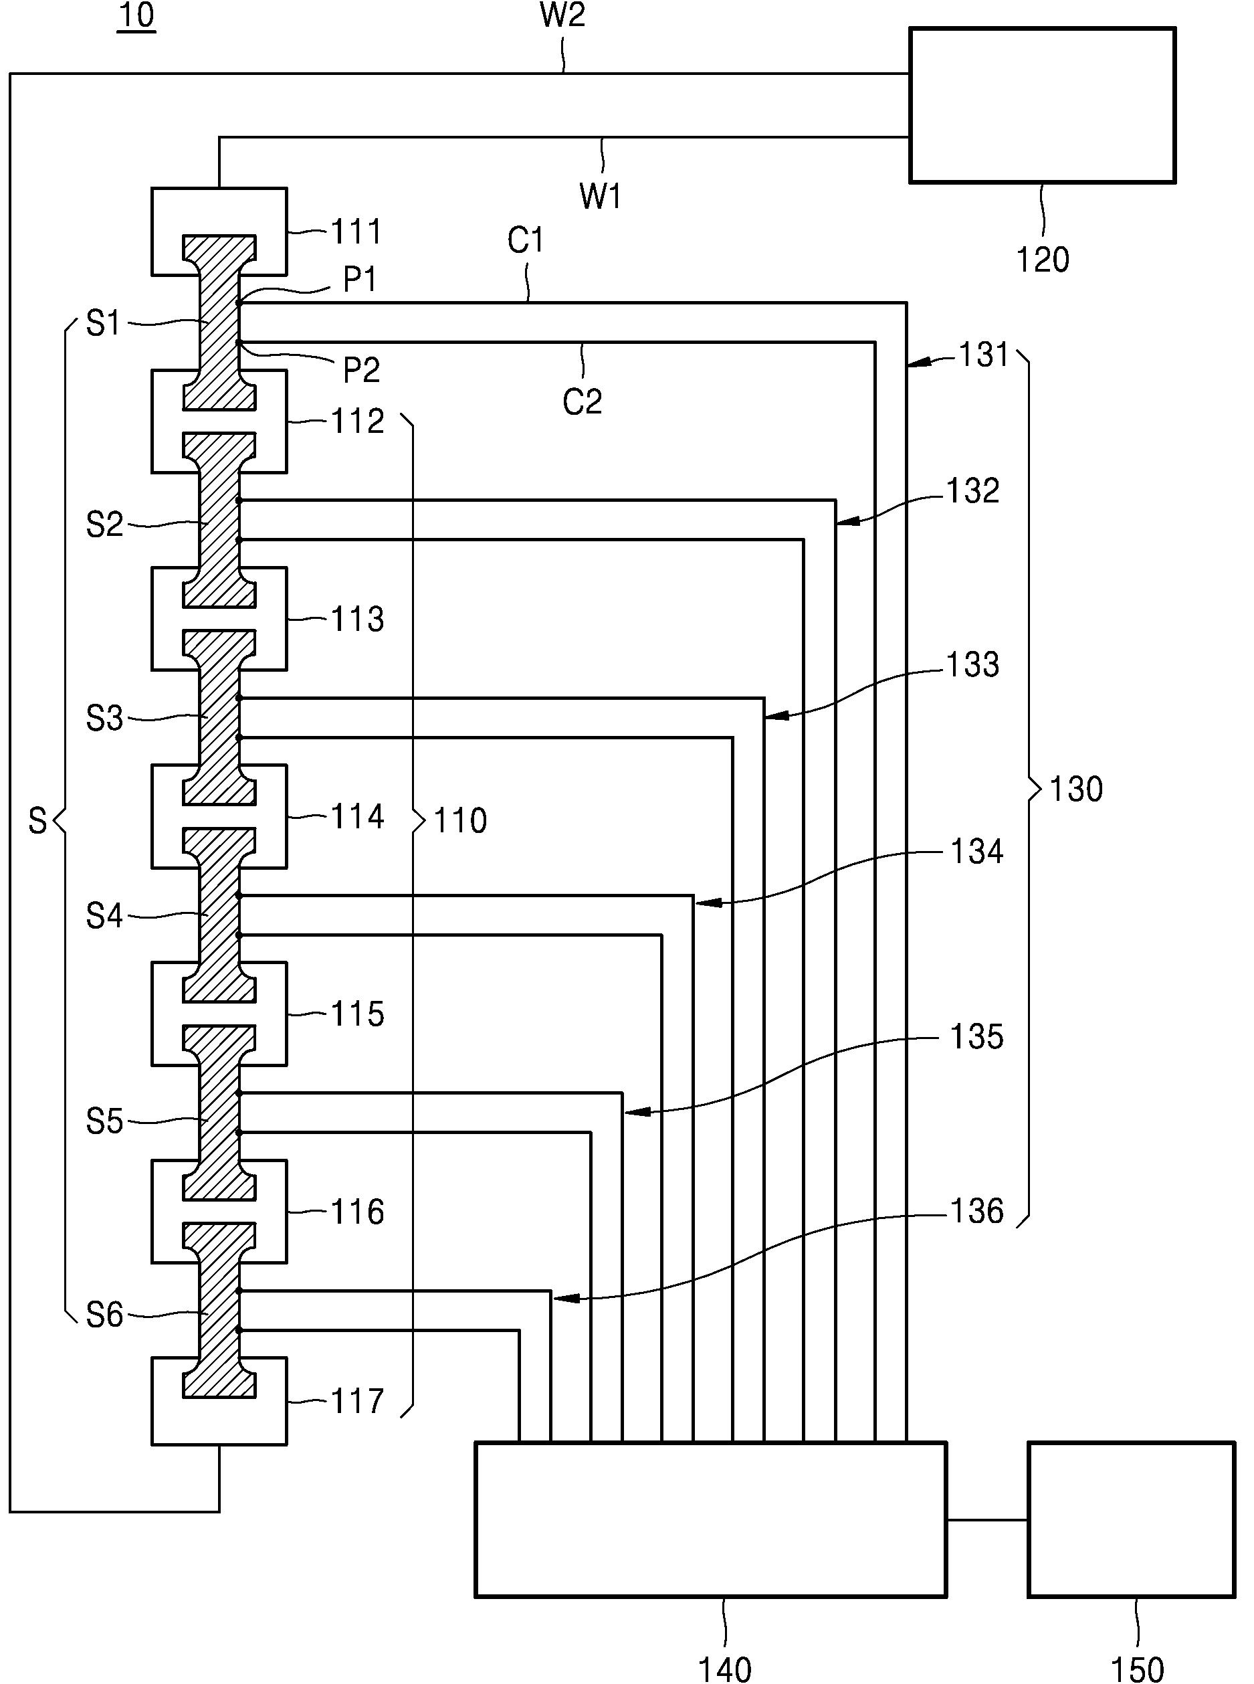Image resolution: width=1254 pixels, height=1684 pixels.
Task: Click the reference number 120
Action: (1042, 260)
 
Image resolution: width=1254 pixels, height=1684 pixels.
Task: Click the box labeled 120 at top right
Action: (1042, 105)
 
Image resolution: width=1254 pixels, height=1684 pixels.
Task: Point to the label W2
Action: (562, 15)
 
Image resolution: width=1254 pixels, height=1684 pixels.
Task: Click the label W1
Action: (601, 196)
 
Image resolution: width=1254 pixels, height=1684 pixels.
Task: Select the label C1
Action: (525, 240)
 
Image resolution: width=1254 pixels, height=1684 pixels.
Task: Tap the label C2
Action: (583, 401)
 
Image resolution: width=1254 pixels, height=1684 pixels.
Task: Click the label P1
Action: (360, 280)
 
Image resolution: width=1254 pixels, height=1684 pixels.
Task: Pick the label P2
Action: (361, 370)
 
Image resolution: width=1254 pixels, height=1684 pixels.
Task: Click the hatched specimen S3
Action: (219, 717)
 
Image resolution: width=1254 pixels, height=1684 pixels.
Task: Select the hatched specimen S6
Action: (219, 1310)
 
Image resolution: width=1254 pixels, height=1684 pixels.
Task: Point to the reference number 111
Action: (356, 231)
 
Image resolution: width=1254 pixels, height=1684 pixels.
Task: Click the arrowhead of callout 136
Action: (566, 1299)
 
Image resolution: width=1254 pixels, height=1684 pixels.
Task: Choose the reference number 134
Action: (977, 852)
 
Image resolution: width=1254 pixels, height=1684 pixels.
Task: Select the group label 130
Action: (1075, 789)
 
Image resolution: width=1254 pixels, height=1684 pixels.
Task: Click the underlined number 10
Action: (136, 15)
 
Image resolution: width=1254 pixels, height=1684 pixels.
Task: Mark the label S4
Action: (105, 917)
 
